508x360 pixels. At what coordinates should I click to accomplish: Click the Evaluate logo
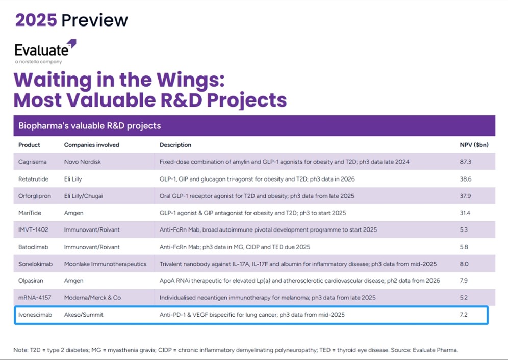click(x=45, y=50)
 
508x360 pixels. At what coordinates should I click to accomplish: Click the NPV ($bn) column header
click(x=474, y=145)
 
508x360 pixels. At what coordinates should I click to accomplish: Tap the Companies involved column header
click(x=91, y=145)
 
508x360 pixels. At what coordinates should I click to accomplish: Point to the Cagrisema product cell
click(x=33, y=162)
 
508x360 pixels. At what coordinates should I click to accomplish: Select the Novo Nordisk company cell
click(x=83, y=162)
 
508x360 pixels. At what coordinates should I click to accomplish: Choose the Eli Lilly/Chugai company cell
click(x=87, y=196)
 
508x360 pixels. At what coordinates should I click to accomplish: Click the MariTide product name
click(x=30, y=213)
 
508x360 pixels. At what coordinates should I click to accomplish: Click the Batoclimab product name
click(x=34, y=247)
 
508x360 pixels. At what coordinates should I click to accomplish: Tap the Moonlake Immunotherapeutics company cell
click(x=105, y=264)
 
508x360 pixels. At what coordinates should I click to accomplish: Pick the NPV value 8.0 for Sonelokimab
click(x=464, y=264)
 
